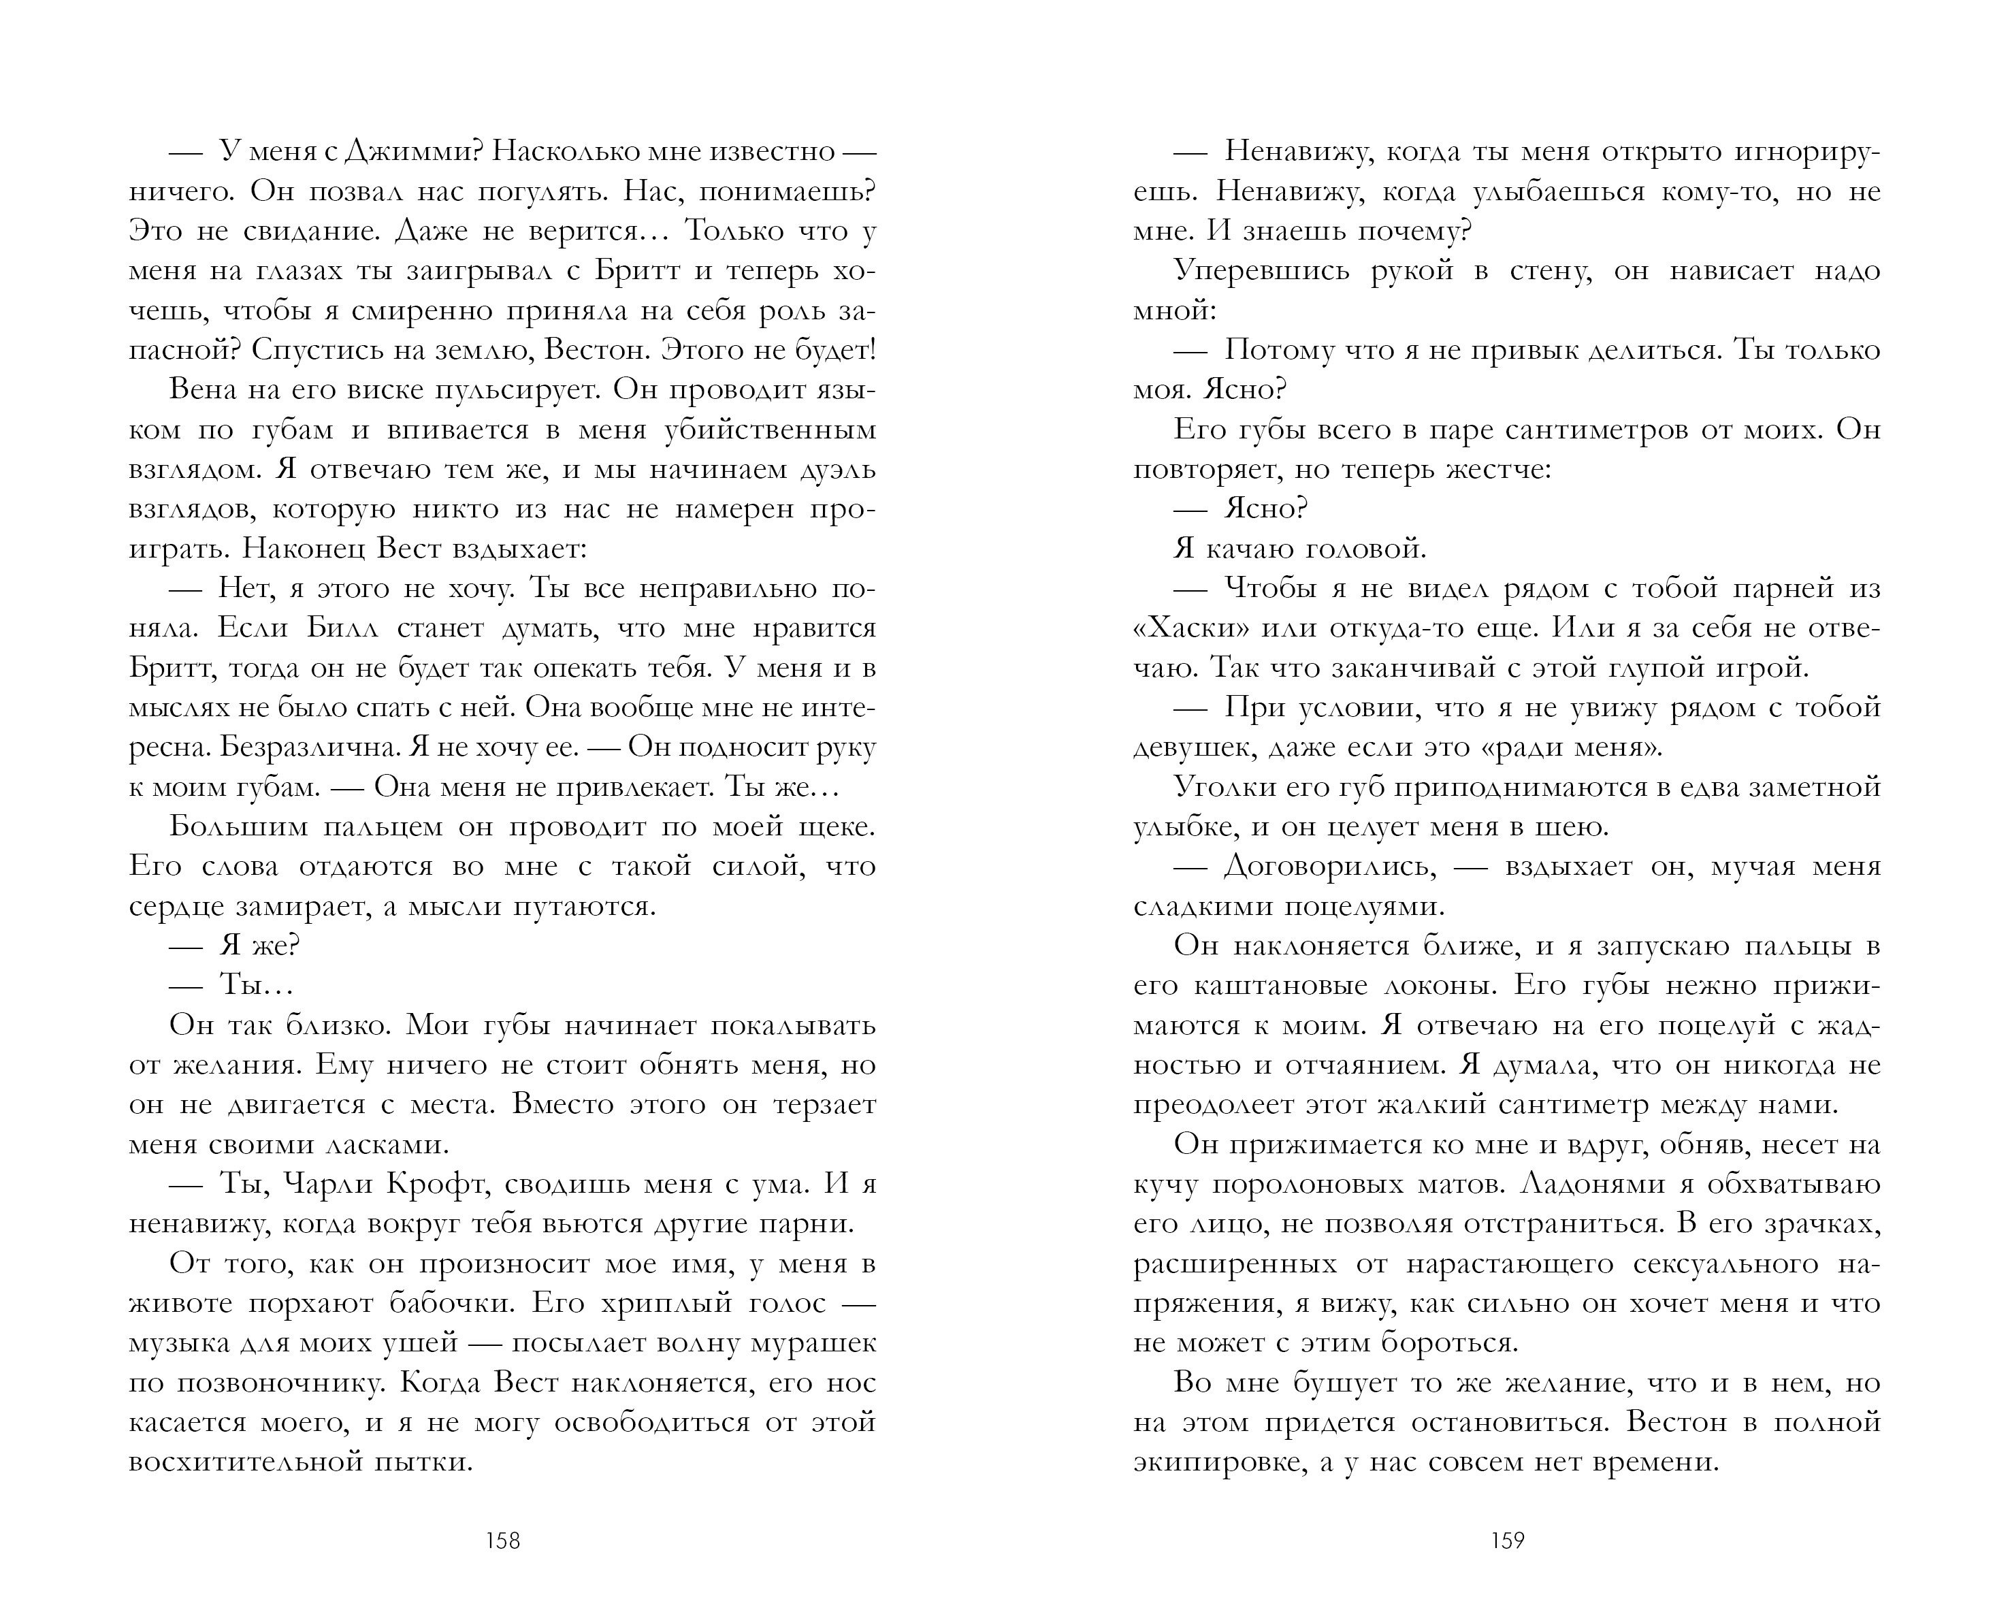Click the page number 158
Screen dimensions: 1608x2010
[502, 1541]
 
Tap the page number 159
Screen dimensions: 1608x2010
[1508, 1541]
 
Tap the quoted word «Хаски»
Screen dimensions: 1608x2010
[1190, 628]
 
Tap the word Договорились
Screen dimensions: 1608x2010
[1329, 867]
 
